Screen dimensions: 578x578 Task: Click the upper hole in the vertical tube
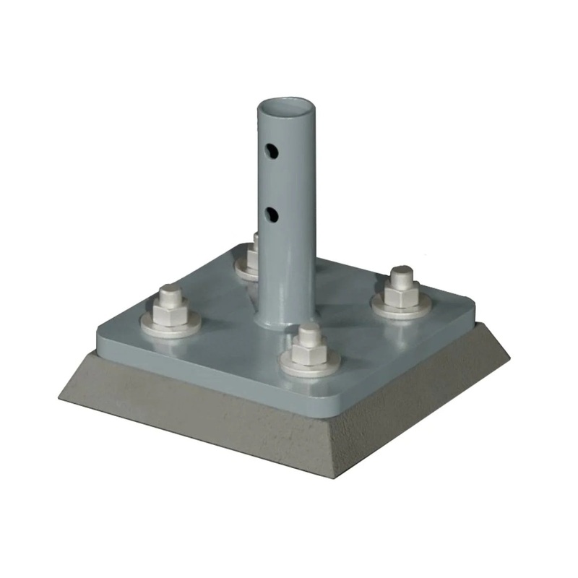tap(272, 151)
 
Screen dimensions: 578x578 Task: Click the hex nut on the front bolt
tap(311, 353)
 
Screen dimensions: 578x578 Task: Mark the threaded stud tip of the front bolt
tap(310, 332)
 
